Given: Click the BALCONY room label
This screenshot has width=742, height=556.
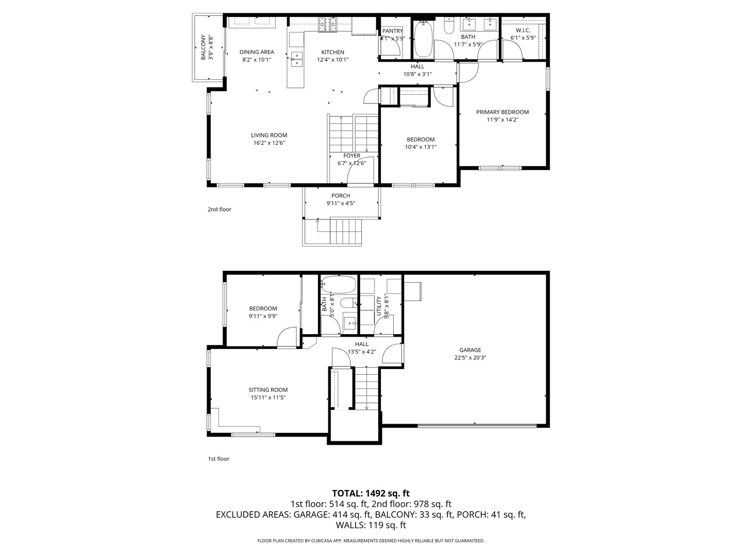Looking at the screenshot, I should click(203, 47).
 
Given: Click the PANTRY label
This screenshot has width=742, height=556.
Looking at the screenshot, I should click(393, 31).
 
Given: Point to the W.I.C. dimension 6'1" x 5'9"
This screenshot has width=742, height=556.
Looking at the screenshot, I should click(523, 38).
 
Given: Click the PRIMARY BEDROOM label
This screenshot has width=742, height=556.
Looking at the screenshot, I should click(502, 112).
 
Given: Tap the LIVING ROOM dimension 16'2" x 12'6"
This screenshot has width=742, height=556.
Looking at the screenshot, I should click(269, 143).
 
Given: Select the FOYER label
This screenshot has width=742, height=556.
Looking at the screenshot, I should click(352, 156).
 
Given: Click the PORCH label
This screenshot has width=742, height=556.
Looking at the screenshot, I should click(341, 196).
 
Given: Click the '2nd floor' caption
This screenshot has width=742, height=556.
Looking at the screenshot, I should click(220, 210).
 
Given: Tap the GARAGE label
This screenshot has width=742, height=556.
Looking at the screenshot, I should click(470, 350).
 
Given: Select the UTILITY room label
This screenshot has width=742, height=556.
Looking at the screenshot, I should click(379, 306).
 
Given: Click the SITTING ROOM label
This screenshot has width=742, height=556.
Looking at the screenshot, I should click(268, 390).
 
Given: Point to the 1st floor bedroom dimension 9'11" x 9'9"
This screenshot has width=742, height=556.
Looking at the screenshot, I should click(263, 316).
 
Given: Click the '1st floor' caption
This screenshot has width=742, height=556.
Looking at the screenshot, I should click(218, 459).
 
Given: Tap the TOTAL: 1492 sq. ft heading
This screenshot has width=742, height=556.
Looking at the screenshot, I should click(370, 493).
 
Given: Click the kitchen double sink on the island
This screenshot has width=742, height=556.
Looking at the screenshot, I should click(296, 59).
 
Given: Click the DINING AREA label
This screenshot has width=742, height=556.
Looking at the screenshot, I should click(257, 52).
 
